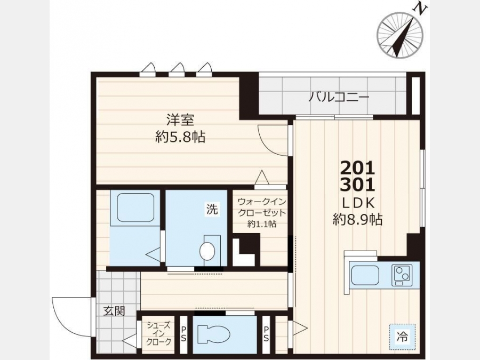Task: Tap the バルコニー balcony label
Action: tap(339, 98)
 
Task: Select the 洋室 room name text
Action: tap(180, 119)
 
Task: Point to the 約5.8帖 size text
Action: tap(180, 137)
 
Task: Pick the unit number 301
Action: tap(358, 185)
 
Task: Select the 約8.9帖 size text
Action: tap(358, 219)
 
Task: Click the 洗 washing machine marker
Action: tap(212, 210)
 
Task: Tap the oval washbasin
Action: tap(207, 251)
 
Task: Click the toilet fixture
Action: tap(213, 334)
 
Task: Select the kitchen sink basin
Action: tap(365, 275)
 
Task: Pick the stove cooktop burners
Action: tap(402, 274)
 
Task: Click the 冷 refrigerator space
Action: tap(403, 337)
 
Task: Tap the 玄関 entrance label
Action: tap(114, 311)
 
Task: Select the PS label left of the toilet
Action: tap(183, 334)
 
